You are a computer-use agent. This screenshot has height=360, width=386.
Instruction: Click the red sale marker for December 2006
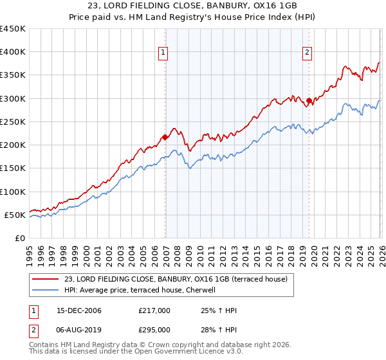[165, 137]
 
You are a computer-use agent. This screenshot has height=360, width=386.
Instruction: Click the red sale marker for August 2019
[309, 100]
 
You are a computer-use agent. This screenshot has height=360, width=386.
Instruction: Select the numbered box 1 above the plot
[163, 53]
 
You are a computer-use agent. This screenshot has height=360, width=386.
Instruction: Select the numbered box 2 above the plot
[308, 53]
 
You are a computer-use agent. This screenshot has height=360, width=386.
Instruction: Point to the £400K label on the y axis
[13, 52]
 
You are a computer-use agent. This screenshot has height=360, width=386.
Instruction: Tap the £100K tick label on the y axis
[13, 192]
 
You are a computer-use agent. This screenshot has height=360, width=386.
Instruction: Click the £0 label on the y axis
[21, 238]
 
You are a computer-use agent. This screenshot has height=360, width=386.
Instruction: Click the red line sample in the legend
[45, 278]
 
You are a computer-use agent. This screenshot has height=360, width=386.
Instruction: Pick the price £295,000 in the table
[154, 330]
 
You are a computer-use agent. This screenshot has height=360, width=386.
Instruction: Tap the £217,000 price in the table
[154, 311]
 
